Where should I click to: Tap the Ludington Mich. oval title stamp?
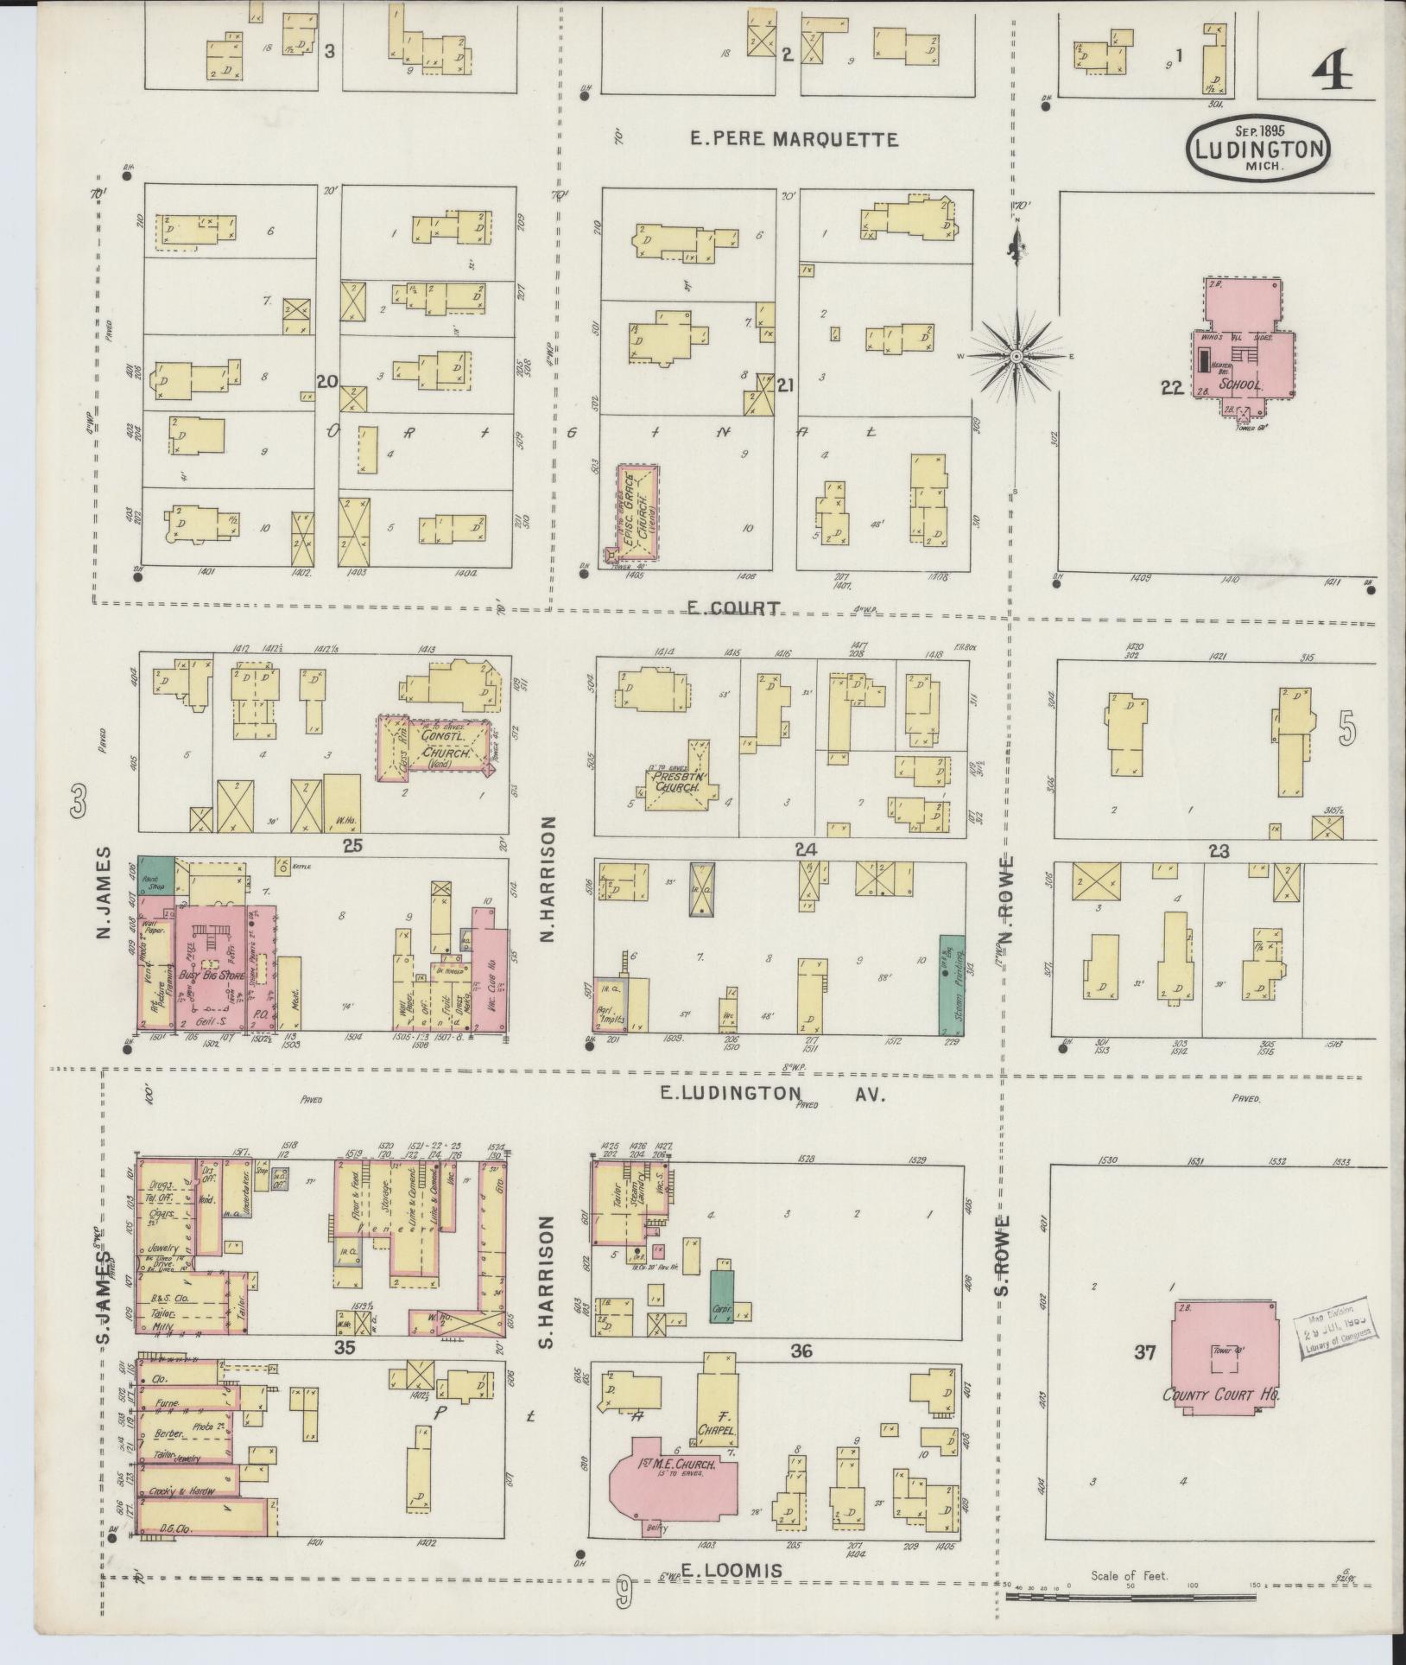pos(1257,149)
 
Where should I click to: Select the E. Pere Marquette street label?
pos(795,138)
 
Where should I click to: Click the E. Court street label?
pos(733,607)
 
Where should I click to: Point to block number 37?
pos(1143,1352)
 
